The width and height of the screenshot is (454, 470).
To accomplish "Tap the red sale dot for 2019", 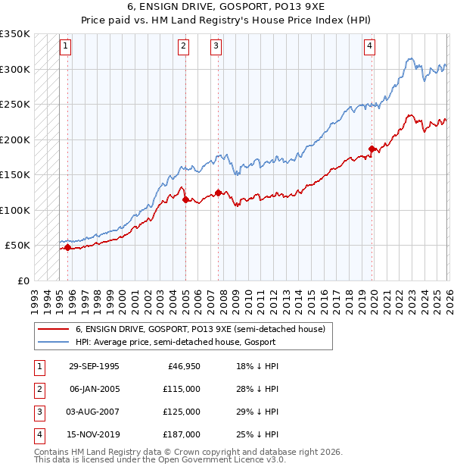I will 372,149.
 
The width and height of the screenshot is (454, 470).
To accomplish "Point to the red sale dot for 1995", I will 68,247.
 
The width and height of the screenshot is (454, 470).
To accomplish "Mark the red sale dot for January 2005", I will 185,199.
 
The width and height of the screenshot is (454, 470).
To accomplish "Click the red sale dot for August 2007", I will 218,193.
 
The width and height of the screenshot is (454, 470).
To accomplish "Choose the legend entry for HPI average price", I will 176,342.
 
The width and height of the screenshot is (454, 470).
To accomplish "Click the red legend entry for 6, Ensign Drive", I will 200,329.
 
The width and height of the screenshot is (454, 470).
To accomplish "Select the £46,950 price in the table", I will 184,366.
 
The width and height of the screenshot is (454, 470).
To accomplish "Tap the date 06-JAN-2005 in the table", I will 94,389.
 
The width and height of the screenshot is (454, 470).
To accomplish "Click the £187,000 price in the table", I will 182,434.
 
